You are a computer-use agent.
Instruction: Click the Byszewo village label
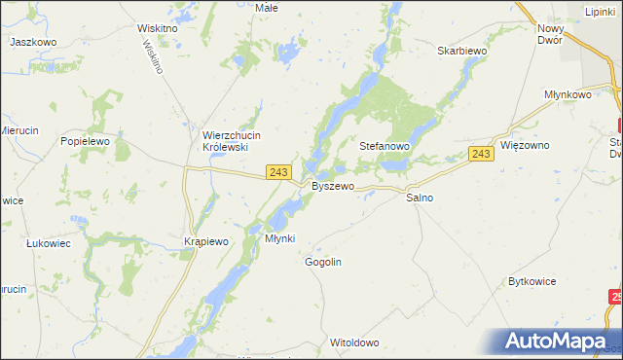pyautogui.click(x=331, y=185)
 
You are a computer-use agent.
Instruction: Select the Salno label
pyautogui.click(x=420, y=198)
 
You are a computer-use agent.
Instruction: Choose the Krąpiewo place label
pyautogui.click(x=205, y=241)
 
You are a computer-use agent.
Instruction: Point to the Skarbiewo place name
pyautogui.click(x=461, y=51)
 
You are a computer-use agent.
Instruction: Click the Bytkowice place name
pyautogui.click(x=531, y=281)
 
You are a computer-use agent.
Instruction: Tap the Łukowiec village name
pyautogui.click(x=49, y=244)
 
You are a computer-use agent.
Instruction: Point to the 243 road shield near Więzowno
pyautogui.click(x=481, y=154)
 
